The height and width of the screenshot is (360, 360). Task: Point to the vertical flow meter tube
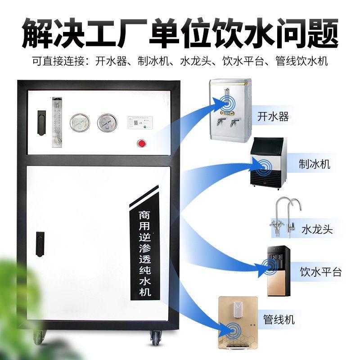pyautogui.click(x=56, y=122)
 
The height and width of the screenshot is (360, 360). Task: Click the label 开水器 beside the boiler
pyautogui.click(x=273, y=117)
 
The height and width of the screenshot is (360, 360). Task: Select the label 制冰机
pyautogui.click(x=314, y=164)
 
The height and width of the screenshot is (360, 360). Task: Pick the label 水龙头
pyautogui.click(x=317, y=229)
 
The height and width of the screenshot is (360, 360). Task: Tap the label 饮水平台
pyautogui.click(x=321, y=272)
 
